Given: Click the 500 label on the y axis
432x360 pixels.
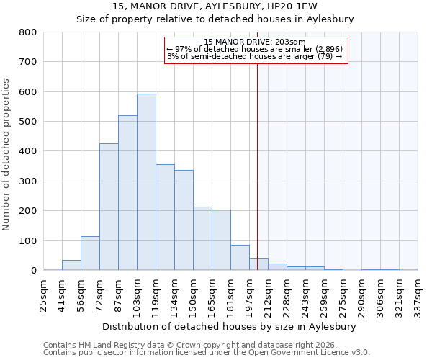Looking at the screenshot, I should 29,122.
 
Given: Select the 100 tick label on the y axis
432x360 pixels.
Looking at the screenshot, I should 29,241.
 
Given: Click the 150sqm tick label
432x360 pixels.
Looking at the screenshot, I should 194,294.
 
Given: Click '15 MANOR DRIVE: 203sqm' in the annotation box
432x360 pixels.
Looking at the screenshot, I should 255,42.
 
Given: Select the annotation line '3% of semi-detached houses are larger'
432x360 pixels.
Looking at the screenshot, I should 255,56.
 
